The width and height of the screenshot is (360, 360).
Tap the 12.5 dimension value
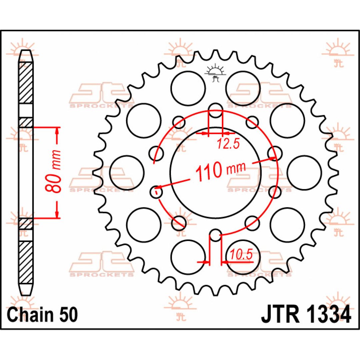[228, 144]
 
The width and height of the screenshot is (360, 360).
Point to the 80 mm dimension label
[53, 171]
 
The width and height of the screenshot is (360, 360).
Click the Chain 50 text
[42, 315]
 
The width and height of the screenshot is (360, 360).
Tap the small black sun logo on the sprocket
[215, 73]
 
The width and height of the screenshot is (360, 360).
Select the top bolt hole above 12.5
[215, 110]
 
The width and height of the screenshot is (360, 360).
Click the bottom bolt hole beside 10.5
[215, 235]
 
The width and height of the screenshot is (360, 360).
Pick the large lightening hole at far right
[304, 173]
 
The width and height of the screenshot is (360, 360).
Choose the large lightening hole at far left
[127, 173]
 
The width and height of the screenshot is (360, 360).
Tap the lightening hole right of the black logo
[243, 88]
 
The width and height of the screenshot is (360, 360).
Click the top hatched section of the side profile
[25, 83]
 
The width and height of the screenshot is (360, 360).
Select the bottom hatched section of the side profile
[25, 262]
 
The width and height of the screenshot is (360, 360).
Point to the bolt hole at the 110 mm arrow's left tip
[157, 191]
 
